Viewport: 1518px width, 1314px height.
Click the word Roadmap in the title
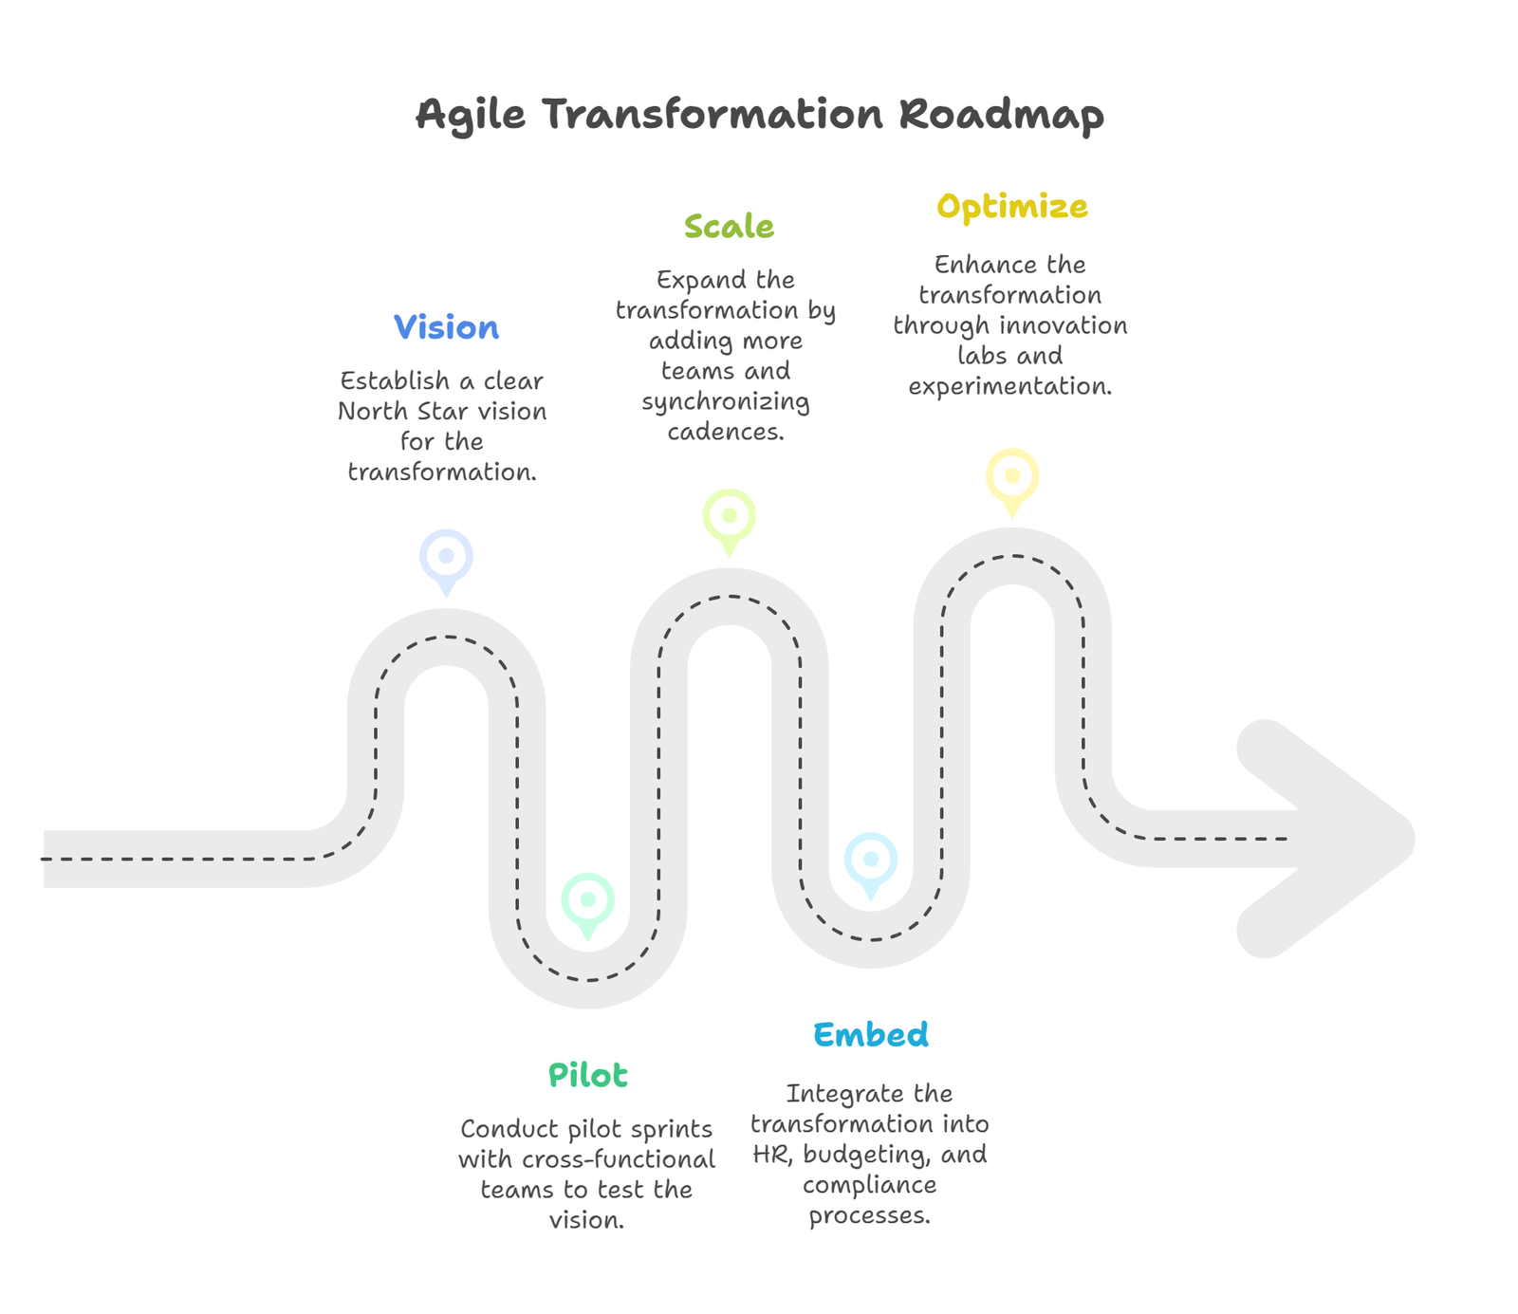1001,116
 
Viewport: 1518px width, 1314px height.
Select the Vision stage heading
446,327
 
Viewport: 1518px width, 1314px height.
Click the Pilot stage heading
588,1075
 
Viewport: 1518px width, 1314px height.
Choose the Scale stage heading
729,226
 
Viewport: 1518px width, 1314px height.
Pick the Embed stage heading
871,1034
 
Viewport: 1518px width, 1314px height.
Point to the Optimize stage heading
1012,207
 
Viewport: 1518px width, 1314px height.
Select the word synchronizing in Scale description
726,402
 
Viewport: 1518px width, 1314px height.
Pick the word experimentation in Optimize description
1010,387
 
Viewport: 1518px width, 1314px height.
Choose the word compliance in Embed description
870,1185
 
